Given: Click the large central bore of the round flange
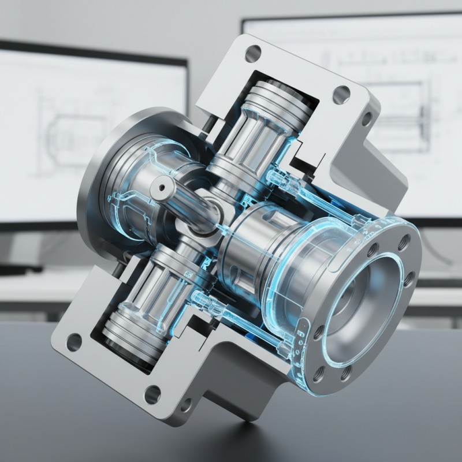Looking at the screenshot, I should (x=360, y=303).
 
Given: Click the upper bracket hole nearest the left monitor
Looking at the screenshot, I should (x=253, y=54).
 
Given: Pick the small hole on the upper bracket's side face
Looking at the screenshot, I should (x=366, y=119).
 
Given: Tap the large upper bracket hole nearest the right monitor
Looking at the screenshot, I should (x=341, y=92).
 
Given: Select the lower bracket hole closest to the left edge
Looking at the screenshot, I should (x=74, y=342).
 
